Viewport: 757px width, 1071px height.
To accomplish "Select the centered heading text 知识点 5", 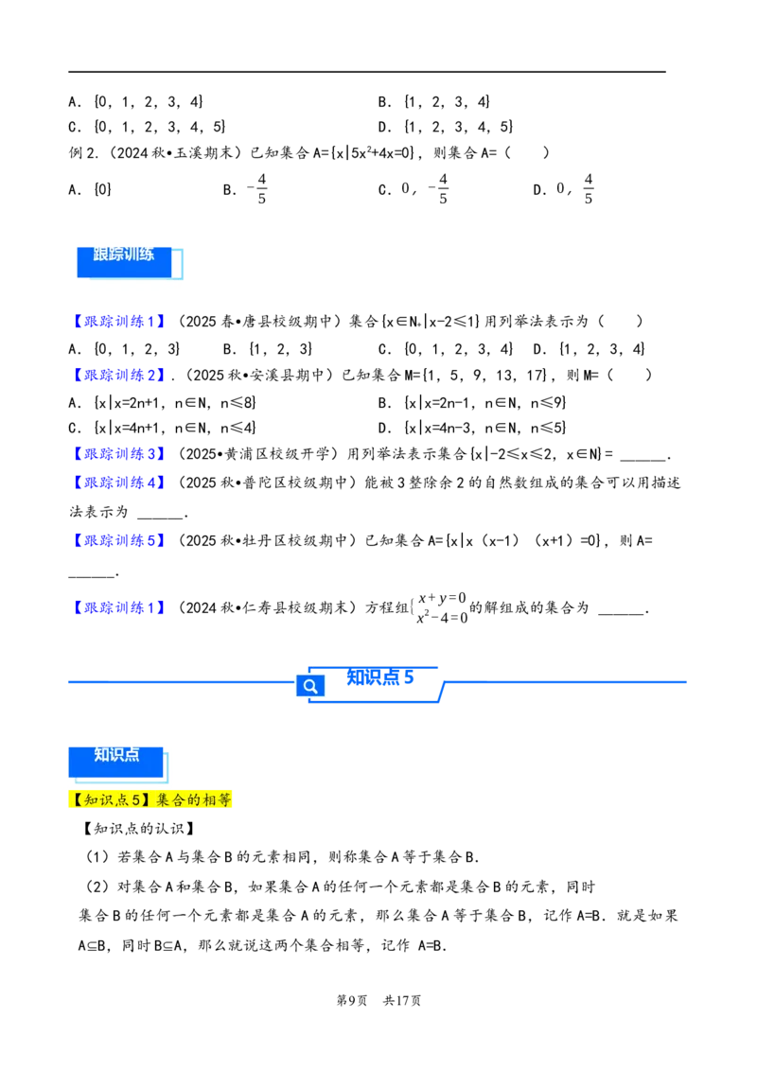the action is click(379, 676).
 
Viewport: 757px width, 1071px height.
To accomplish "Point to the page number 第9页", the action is click(352, 1001).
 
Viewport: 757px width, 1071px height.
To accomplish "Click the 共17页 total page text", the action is click(402, 1001).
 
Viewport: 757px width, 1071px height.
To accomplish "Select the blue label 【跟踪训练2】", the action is click(117, 375).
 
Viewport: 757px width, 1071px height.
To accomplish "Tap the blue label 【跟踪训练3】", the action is click(117, 453).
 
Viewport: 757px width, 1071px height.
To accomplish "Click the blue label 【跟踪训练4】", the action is click(117, 483).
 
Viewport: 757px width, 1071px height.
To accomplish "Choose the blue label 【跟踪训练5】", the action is click(117, 540).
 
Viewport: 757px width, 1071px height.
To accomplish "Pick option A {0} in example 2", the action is click(90, 189).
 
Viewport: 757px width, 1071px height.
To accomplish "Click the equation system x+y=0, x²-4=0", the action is click(441, 608).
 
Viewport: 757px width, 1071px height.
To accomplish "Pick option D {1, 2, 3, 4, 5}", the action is click(446, 127).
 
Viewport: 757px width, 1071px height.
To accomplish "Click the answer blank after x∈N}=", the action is click(643, 456).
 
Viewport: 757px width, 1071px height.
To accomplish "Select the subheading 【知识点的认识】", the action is click(139, 829).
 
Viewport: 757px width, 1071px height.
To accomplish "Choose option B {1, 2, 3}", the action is click(268, 349).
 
